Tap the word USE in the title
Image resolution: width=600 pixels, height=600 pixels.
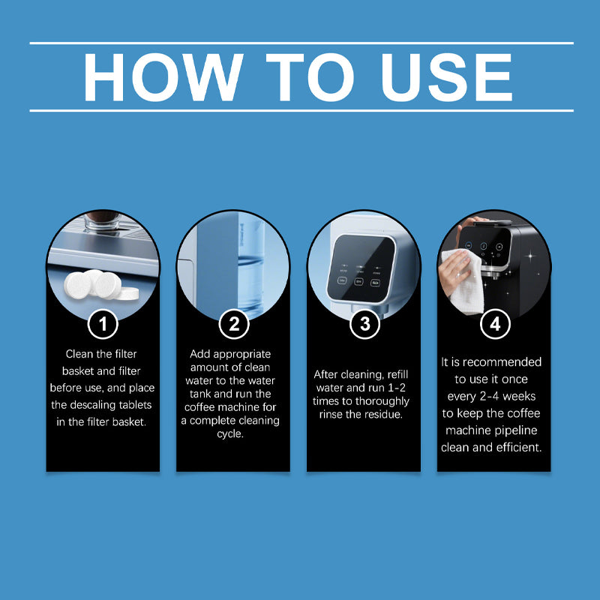447,77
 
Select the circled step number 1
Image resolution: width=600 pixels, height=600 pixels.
103,324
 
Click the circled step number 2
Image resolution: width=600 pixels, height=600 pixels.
234,324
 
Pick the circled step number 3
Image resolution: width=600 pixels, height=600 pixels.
364,324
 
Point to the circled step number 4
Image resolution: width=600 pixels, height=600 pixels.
495,324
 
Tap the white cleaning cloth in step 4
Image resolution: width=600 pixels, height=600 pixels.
464,281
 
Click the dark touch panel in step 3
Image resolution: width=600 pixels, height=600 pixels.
361,268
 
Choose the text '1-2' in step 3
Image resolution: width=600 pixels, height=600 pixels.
397,388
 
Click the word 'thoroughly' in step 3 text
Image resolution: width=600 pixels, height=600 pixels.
382,402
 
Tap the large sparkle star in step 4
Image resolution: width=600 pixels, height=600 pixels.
530,255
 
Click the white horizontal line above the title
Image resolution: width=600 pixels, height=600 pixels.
301,43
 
